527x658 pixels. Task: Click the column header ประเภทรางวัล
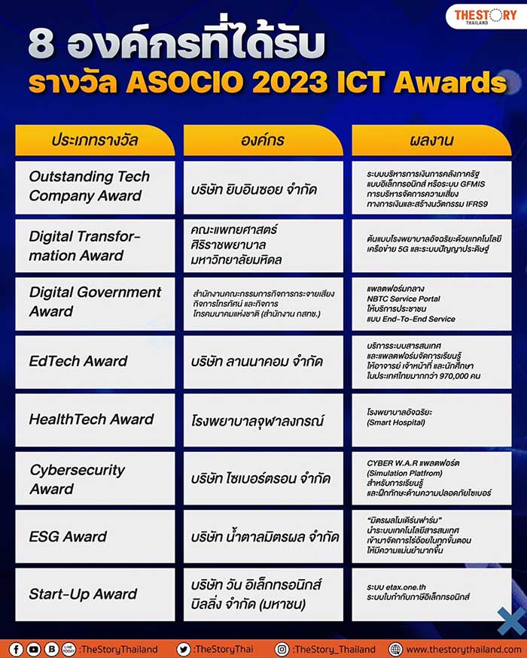coord(95,141)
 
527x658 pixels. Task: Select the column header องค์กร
coord(263,141)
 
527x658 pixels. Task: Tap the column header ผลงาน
coord(431,141)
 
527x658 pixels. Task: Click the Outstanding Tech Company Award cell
coord(95,186)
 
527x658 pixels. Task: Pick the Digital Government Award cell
coord(95,302)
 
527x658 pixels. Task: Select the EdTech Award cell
coord(95,361)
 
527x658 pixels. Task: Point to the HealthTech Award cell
coord(95,420)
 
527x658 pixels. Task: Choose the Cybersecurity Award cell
coord(95,478)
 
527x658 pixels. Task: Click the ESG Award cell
coord(95,537)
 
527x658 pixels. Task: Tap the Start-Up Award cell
coord(95,594)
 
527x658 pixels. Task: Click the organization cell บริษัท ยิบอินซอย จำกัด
coord(263,188)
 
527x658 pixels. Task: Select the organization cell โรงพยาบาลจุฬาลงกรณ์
coord(263,420)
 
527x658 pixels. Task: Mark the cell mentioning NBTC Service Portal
coord(431,303)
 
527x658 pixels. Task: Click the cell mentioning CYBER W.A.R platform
coord(431,478)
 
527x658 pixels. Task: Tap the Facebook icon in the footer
coord(15,649)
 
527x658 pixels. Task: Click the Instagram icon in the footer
coord(282,649)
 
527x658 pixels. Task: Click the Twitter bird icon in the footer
coord(184,649)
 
